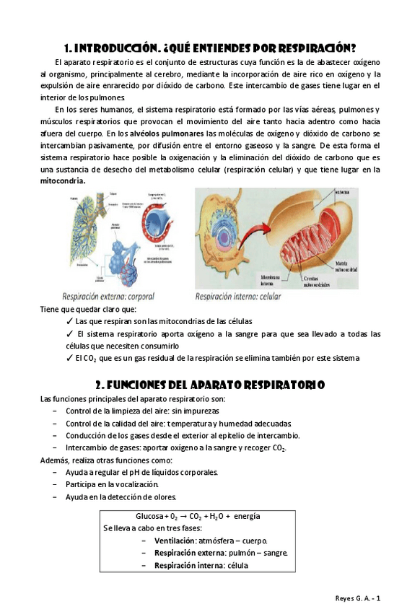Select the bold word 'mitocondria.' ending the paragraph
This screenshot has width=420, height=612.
[63, 181]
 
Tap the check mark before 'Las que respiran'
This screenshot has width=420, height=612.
[69, 321]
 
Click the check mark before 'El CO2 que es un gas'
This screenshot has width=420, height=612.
[69, 359]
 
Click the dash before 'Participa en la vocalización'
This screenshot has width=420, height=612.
[56, 484]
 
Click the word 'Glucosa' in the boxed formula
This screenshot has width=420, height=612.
[149, 517]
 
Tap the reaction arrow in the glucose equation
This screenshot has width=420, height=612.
[184, 517]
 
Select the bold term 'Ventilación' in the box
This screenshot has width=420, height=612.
[175, 541]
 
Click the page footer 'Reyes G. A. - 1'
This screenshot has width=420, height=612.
[359, 598]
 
